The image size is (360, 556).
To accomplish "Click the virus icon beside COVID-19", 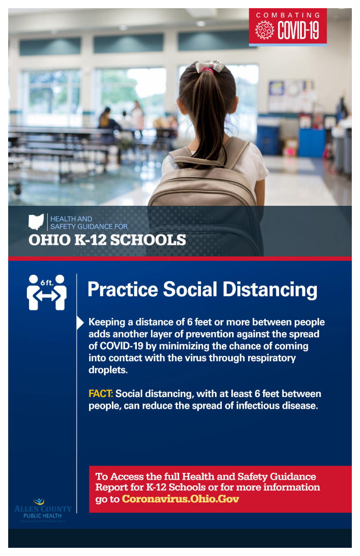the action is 265,30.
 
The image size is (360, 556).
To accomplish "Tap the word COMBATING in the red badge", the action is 288,15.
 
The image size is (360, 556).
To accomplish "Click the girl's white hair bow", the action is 209,66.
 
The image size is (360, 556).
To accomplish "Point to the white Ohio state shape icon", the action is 36,222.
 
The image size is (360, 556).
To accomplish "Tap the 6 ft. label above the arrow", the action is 47,283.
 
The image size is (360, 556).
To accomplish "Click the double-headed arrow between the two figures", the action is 47,296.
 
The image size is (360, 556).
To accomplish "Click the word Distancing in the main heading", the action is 270,290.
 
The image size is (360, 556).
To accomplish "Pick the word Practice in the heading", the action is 123,289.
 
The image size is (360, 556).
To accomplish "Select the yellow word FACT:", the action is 101,393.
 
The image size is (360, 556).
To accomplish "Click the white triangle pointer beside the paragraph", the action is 80,323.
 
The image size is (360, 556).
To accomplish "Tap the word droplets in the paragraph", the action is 108,370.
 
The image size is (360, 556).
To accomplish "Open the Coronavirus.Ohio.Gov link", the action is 180,499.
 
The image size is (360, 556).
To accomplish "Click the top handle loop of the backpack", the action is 198,162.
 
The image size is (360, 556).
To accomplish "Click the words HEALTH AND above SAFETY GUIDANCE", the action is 71,218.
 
